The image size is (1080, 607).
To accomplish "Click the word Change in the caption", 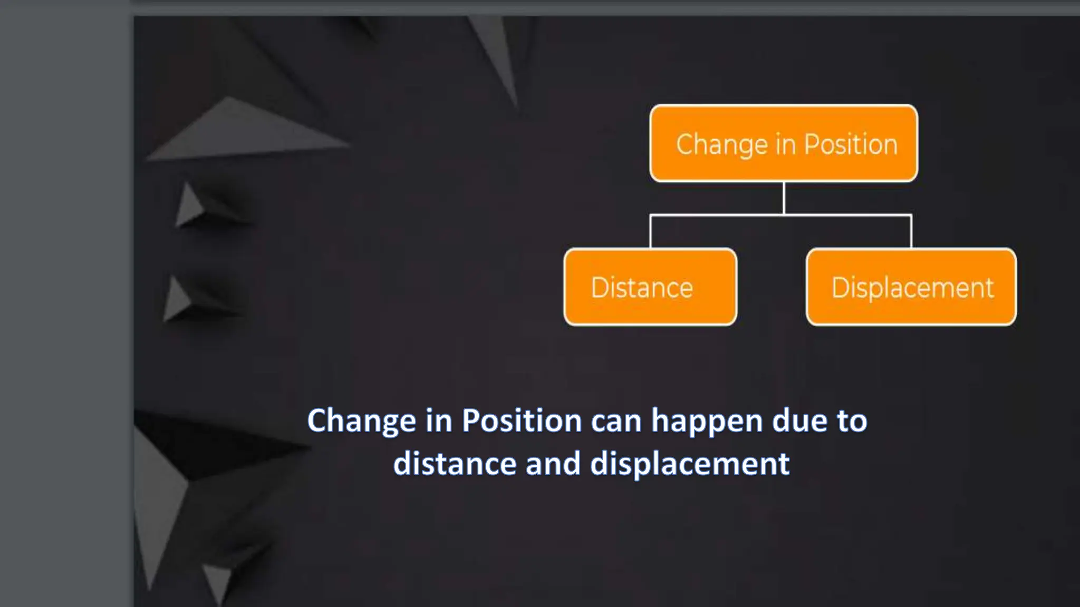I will [x=362, y=421].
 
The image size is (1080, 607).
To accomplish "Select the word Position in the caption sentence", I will [x=522, y=421].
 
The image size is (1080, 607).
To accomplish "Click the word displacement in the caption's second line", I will [x=690, y=464].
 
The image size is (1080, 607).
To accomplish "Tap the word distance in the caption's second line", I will [x=455, y=464].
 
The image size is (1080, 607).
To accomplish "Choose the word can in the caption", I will [x=615, y=421].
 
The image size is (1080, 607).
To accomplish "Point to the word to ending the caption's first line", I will [x=850, y=421].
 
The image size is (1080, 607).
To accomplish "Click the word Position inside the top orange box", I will [x=850, y=144].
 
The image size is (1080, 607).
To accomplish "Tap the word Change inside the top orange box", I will [x=722, y=144].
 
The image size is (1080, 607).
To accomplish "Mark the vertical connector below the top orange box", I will [x=784, y=198].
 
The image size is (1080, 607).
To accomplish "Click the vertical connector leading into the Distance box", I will [x=650, y=232].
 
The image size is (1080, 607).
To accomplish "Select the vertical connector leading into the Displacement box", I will [x=911, y=232].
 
